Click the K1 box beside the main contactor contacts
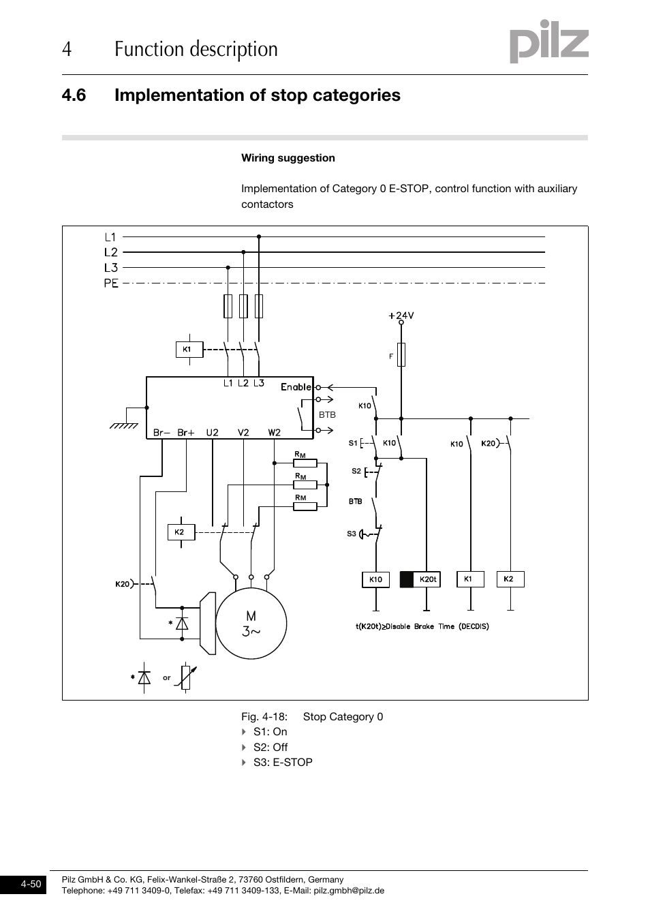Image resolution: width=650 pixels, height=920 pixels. [187, 350]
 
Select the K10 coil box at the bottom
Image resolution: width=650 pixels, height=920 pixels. [375, 579]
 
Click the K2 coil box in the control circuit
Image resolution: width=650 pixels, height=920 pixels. [508, 579]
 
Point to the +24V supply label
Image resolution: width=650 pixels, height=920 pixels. [401, 316]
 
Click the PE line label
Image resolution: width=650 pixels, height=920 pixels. [111, 283]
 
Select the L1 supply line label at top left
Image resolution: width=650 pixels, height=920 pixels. [110, 238]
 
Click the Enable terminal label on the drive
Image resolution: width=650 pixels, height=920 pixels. [296, 387]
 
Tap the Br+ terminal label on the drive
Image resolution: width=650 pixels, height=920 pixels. [186, 432]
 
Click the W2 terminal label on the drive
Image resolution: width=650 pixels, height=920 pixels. [274, 432]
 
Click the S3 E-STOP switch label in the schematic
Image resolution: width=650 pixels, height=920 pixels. [352, 534]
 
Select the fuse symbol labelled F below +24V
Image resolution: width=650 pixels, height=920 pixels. [401, 355]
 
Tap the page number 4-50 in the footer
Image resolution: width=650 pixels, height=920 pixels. [31, 885]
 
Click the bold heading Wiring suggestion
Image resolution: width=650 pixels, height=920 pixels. [288, 158]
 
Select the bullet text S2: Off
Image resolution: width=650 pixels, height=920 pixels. [270, 747]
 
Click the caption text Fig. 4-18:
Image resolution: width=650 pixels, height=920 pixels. [264, 716]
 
